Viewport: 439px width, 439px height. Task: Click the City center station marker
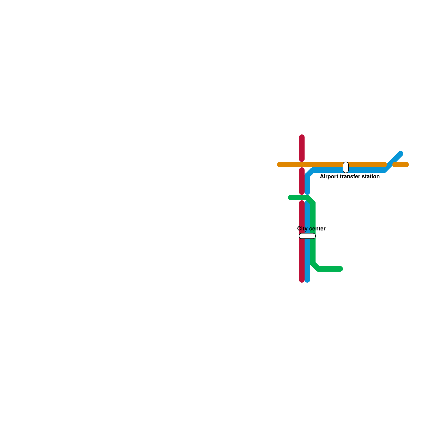tap(307, 236)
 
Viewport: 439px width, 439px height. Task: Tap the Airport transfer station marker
tap(346, 167)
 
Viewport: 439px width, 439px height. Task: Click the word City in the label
tap(302, 229)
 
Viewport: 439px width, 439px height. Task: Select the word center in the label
tap(317, 229)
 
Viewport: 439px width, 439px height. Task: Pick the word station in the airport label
tap(370, 176)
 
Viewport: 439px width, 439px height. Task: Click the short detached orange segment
tap(401, 165)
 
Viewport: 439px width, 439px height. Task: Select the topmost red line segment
tap(302, 148)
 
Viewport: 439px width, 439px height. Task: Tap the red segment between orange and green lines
tap(302, 181)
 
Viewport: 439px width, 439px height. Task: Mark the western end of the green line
tap(290, 198)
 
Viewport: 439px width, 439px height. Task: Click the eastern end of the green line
tap(340, 269)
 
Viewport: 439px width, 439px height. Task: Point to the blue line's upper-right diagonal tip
tap(401, 153)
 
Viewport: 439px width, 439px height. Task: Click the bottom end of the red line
tap(302, 280)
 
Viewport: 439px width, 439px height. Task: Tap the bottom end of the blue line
tap(307, 280)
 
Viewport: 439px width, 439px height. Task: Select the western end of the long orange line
tap(280, 165)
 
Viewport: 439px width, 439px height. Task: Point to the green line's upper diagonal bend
tap(311, 200)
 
